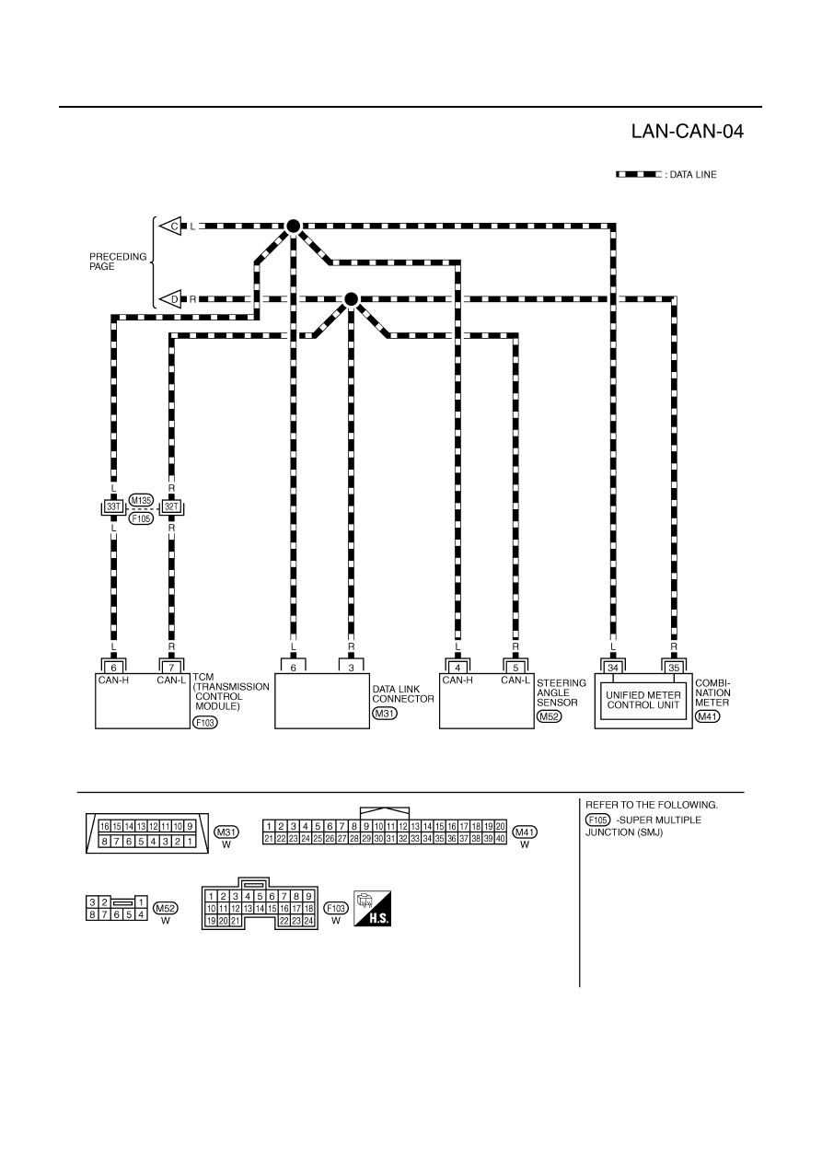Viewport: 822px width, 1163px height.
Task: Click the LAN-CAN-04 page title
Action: click(x=687, y=132)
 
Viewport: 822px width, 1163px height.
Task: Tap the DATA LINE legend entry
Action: click(x=666, y=174)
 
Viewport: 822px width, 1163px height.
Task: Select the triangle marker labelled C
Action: click(x=170, y=226)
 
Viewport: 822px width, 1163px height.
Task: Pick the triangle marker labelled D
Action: click(x=170, y=299)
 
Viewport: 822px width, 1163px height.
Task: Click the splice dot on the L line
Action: click(x=294, y=226)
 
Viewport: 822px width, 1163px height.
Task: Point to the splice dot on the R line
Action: click(x=352, y=299)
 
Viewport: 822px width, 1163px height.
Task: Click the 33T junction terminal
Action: click(x=113, y=506)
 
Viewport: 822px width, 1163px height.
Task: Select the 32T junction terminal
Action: click(x=172, y=506)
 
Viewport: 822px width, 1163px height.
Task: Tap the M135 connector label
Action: click(x=141, y=500)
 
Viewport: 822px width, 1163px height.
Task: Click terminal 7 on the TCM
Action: click(x=172, y=668)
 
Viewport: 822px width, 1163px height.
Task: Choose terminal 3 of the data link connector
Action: click(x=352, y=668)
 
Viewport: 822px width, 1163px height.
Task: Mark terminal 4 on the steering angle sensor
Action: click(x=457, y=668)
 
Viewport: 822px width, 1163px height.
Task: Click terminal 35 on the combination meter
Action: click(x=674, y=668)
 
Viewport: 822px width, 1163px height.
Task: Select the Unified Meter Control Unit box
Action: click(x=643, y=700)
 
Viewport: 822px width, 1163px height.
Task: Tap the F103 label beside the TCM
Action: click(x=205, y=722)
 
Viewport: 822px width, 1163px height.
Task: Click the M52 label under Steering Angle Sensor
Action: click(x=550, y=717)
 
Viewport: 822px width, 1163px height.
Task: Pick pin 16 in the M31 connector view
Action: click(x=105, y=827)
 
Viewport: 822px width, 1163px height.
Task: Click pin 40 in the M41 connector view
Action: click(x=500, y=839)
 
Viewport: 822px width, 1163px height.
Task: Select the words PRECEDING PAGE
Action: click(x=118, y=262)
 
